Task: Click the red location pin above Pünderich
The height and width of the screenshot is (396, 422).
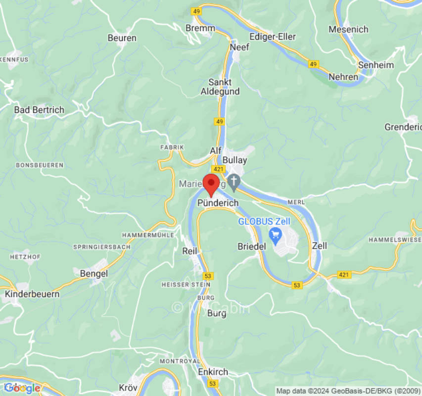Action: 211,185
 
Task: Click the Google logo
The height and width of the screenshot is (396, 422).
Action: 22,388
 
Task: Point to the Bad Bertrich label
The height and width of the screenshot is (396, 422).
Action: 39,110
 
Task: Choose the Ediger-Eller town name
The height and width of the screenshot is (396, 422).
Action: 273,37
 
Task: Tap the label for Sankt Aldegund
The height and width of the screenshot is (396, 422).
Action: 220,87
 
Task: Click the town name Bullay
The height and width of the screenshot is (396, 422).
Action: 234,160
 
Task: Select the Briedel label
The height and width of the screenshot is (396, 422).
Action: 252,246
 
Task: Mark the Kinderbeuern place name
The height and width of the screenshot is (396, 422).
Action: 32,294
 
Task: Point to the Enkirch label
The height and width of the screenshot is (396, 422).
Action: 213,372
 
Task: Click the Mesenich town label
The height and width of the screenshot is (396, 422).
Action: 349,29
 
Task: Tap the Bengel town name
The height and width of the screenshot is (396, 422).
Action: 94,273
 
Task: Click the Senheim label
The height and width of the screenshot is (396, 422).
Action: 376,65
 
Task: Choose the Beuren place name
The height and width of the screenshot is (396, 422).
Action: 122,38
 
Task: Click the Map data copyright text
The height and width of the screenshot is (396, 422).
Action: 348,391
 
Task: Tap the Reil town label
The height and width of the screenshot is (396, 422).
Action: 190,251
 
